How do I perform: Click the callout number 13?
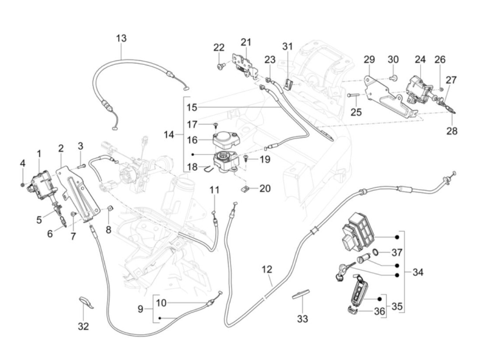click(x=121, y=38)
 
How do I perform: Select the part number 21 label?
click(x=246, y=42)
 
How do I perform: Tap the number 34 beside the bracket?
click(x=418, y=272)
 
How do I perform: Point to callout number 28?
click(x=452, y=131)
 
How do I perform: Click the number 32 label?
click(x=83, y=326)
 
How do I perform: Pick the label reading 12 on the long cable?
click(x=267, y=269)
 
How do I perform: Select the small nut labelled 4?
click(x=23, y=185)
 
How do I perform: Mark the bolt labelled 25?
click(x=352, y=95)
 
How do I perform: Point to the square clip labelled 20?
click(x=245, y=188)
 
